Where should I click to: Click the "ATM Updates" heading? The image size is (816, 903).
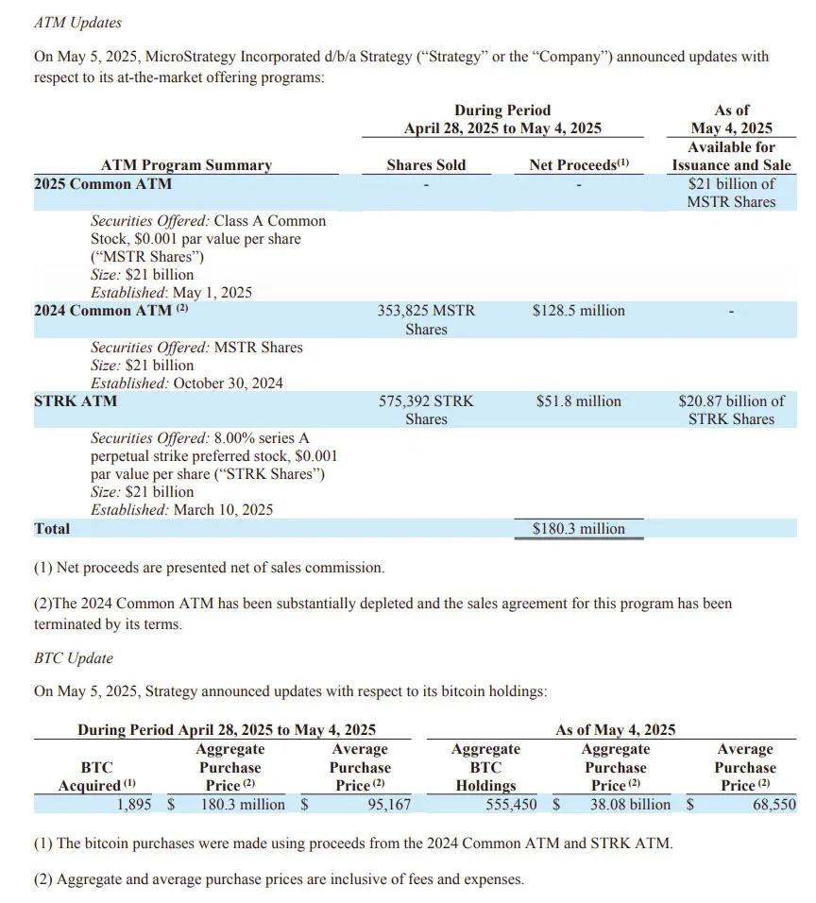[77, 22]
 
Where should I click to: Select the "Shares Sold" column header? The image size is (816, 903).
[426, 164]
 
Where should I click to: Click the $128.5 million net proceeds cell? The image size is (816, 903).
[578, 311]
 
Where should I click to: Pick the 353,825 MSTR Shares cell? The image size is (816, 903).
[426, 319]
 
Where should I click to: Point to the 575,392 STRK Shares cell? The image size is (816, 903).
[426, 410]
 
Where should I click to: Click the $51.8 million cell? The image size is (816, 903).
[578, 401]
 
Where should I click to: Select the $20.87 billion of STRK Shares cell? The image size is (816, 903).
[731, 410]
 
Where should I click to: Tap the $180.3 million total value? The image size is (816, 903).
[578, 529]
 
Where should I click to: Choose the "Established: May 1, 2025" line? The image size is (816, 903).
[171, 293]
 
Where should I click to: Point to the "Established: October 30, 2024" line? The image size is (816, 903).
[186, 383]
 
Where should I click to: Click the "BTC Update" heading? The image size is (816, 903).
[73, 658]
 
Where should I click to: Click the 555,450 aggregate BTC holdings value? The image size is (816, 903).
[511, 805]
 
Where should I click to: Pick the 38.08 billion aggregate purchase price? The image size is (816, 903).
[630, 805]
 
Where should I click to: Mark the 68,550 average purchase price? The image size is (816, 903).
[773, 805]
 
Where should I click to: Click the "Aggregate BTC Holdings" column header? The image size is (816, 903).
[485, 767]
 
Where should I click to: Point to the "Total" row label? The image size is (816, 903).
[52, 529]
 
